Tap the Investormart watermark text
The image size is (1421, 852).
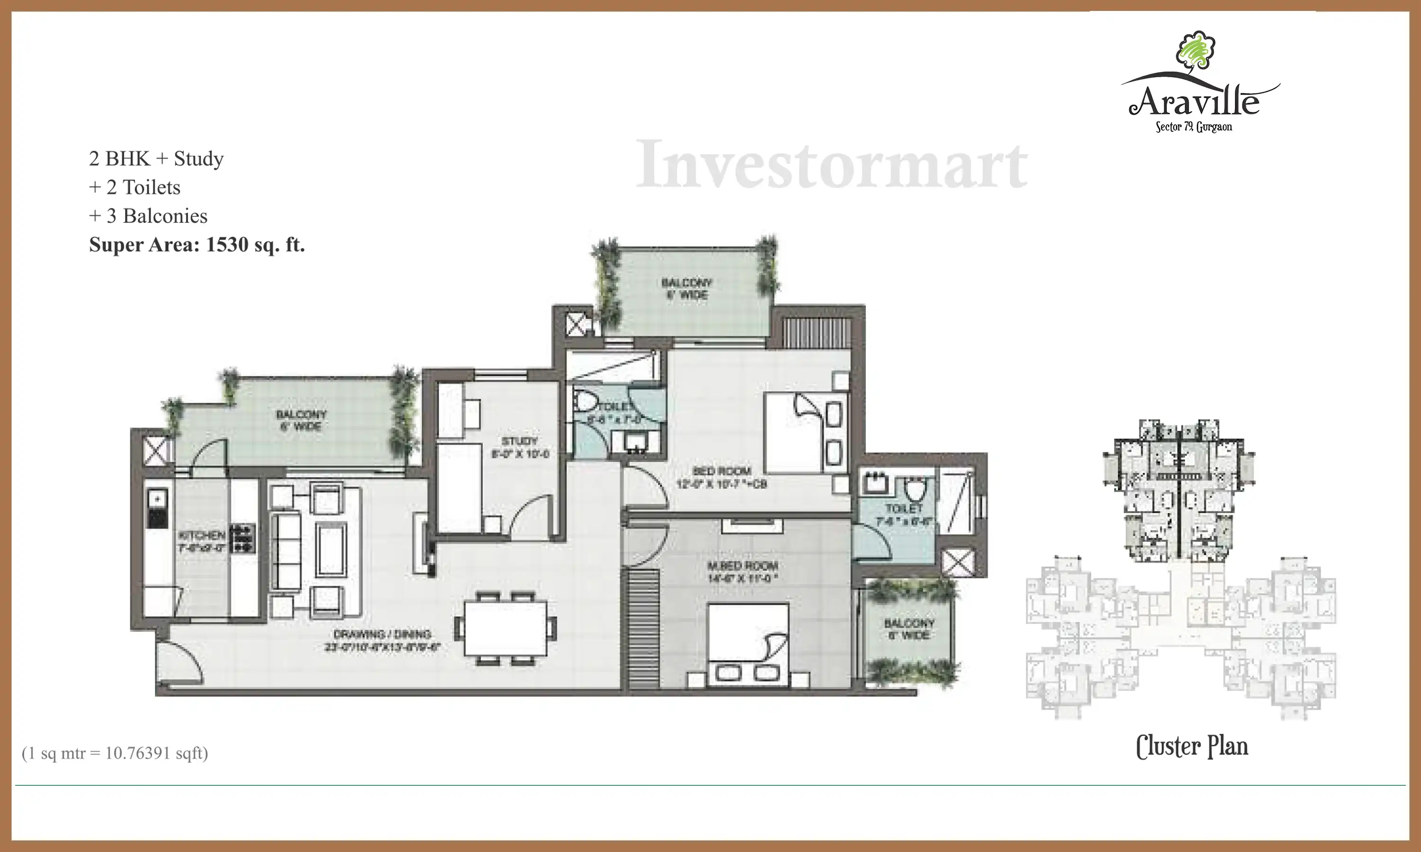click(831, 165)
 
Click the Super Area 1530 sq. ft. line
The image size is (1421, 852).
click(197, 245)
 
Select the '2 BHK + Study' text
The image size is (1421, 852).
click(156, 159)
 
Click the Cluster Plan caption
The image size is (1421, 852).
click(1192, 746)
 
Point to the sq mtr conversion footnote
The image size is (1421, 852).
click(115, 753)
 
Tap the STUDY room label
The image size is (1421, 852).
click(519, 441)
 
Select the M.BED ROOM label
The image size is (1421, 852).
click(742, 566)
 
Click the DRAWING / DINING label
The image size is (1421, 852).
click(382, 634)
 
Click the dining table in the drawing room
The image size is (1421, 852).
click(505, 628)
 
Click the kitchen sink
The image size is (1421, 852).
click(157, 498)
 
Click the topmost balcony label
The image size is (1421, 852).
click(686, 289)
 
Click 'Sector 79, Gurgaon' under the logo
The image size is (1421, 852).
click(1194, 127)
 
